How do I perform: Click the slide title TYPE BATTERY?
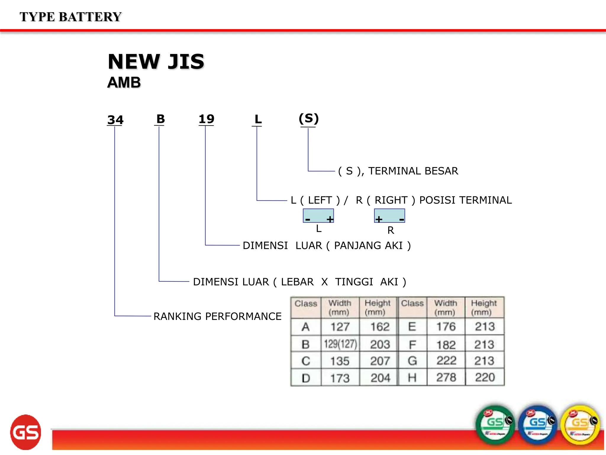[70, 17]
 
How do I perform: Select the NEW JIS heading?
[156, 62]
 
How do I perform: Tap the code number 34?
[115, 120]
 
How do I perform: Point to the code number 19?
[206, 119]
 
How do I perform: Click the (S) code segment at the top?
[309, 118]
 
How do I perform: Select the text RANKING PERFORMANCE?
[217, 316]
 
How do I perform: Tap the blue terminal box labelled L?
[318, 216]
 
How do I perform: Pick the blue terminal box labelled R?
[389, 216]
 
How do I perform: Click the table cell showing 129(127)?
[340, 344]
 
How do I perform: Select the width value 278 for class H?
[446, 377]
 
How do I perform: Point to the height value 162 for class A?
[380, 327]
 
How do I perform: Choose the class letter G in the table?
[412, 361]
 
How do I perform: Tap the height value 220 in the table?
[485, 377]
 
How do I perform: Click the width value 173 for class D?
[340, 378]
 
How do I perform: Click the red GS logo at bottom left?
[26, 432]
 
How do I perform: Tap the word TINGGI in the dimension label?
[354, 282]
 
